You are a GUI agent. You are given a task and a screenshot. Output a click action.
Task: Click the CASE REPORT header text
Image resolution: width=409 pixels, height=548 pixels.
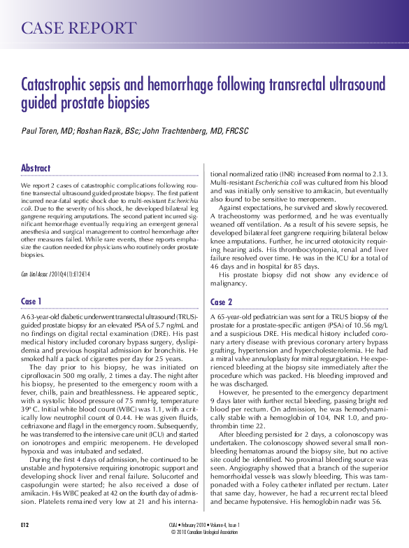pos(78,28)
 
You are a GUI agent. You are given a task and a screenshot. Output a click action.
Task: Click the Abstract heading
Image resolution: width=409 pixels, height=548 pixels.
pos(36,168)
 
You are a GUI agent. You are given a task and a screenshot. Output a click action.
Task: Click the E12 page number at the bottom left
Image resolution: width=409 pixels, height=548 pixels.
pos(25,523)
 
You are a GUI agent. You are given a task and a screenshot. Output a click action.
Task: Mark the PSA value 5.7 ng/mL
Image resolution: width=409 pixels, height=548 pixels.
pos(162,325)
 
